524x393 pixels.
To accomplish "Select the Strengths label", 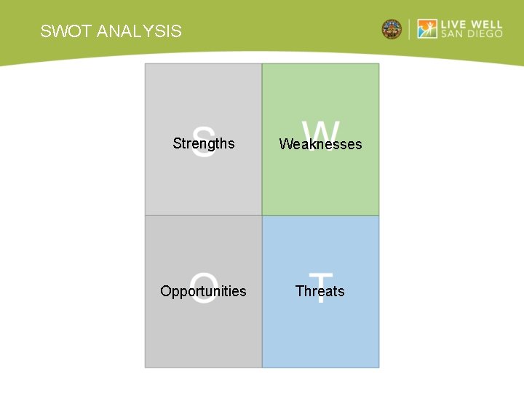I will (x=204, y=143).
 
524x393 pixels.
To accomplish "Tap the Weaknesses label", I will (x=320, y=144).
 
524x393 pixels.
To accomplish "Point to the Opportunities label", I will (x=203, y=291).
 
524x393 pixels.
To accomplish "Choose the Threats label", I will (x=320, y=291).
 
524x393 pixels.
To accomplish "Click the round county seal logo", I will (x=392, y=29).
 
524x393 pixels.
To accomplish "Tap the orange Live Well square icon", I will (x=427, y=29).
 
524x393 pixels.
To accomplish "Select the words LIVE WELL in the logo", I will (x=472, y=24).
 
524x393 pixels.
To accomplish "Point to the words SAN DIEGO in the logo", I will (x=472, y=34).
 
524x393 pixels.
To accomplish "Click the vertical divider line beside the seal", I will (x=410, y=29).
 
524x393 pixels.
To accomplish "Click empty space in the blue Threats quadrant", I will (x=320, y=335).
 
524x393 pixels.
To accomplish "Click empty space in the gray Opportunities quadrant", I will (x=204, y=335).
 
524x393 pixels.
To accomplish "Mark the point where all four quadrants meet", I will (x=262, y=215).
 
